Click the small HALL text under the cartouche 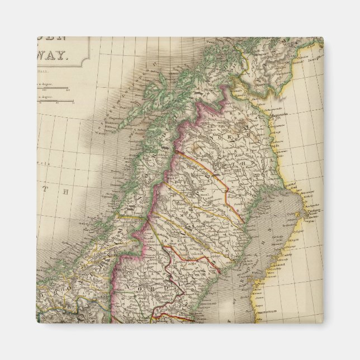44,72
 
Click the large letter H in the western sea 65,192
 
